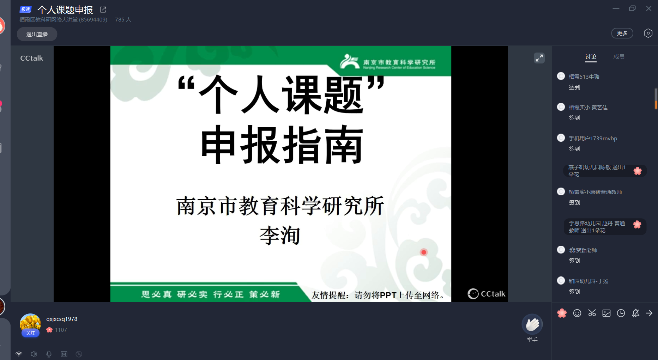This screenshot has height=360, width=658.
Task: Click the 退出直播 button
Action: tap(37, 34)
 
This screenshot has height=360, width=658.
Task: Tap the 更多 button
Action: tap(622, 33)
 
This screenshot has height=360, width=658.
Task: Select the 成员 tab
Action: tap(619, 57)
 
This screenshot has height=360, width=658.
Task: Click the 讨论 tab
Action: tap(591, 57)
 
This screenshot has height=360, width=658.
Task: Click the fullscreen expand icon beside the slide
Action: tap(539, 58)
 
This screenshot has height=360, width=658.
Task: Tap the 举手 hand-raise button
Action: tap(532, 325)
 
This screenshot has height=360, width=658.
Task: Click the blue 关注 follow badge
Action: tap(31, 333)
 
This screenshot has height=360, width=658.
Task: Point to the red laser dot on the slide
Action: tap(424, 252)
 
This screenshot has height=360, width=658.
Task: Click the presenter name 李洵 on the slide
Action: tap(280, 236)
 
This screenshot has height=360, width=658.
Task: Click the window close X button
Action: tap(648, 8)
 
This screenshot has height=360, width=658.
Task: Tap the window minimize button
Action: tap(616, 8)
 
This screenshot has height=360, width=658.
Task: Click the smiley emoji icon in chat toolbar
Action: tap(577, 313)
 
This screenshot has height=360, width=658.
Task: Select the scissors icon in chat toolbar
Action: tap(592, 313)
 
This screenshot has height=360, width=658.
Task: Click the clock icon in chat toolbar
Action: tap(621, 313)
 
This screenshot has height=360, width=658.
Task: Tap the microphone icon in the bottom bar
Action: tap(49, 354)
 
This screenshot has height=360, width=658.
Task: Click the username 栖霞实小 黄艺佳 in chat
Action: tap(588, 107)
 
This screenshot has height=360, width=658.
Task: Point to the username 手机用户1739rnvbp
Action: tap(593, 138)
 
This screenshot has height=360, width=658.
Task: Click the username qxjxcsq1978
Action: tap(62, 319)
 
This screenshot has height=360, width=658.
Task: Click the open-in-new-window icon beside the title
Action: tap(103, 10)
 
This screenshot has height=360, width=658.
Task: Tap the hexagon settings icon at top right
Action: tap(648, 33)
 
